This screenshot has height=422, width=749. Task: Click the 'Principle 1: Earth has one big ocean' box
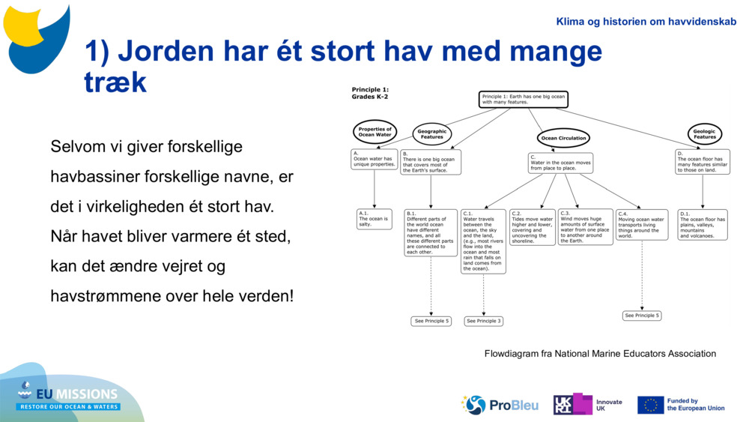click(x=524, y=100)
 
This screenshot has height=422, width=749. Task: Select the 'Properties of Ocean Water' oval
click(x=374, y=132)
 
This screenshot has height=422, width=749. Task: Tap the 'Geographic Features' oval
click(x=431, y=134)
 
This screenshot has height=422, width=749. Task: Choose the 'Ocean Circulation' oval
click(x=564, y=138)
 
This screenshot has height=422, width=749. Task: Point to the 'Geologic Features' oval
click(x=704, y=134)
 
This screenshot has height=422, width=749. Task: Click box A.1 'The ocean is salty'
click(x=374, y=219)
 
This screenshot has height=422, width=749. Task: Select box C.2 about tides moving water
click(x=533, y=227)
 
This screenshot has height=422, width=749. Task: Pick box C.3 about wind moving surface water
click(x=585, y=227)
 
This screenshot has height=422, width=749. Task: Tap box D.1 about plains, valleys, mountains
click(x=702, y=225)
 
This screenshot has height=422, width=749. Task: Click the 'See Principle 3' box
click(x=483, y=321)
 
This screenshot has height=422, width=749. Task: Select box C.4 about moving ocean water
click(x=641, y=225)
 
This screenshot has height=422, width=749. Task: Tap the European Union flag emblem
click(x=650, y=405)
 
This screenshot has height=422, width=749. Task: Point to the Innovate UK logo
click(x=588, y=405)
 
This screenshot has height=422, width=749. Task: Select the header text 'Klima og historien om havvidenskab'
click(x=646, y=22)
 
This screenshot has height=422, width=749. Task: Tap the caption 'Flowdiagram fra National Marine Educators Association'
click(x=600, y=354)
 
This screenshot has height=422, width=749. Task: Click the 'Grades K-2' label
click(x=370, y=97)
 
